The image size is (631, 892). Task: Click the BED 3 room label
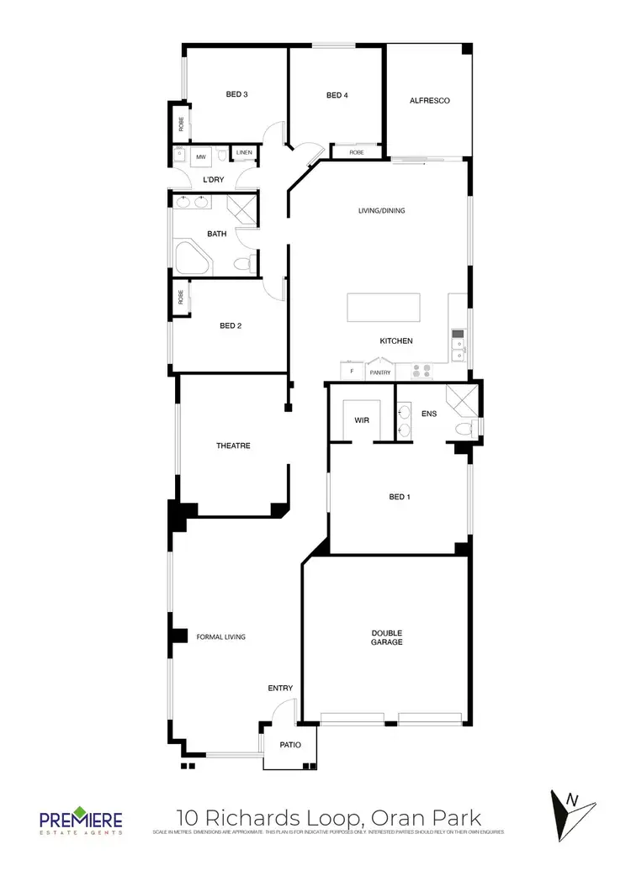pos(236,94)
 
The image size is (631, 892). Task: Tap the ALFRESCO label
pos(429,101)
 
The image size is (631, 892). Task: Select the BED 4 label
pos(337,96)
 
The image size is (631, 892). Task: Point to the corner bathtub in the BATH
pos(192,257)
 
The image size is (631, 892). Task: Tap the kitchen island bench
pos(383,309)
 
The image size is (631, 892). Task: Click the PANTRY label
pos(380,372)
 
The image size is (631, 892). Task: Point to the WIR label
pos(363,419)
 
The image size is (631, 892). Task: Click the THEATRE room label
pos(233,446)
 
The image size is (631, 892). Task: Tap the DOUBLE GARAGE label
pos(387,637)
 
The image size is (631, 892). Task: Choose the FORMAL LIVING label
pos(220,637)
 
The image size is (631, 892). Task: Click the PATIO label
pos(290,745)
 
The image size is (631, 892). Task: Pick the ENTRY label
pos(280,689)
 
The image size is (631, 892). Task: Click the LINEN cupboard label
pos(244,152)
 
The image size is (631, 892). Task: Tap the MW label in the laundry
pos(201,156)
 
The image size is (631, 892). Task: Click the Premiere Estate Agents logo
pos(81,821)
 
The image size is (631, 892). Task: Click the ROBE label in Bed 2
pos(180,298)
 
